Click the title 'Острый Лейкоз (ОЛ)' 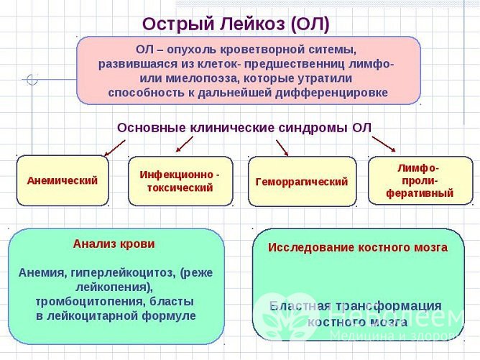pyautogui.click(x=236, y=23)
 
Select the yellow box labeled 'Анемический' pyautogui.click(x=63, y=181)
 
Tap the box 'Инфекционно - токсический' pyautogui.click(x=180, y=181)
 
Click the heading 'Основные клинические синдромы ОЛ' pyautogui.click(x=244, y=127)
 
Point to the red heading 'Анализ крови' pyautogui.click(x=114, y=244)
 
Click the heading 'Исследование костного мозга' pyautogui.click(x=357, y=247)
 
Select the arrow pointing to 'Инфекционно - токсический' pyautogui.click(x=184, y=144)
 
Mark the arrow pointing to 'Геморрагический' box pyautogui.click(x=282, y=147)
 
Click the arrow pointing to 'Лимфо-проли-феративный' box pyautogui.click(x=383, y=144)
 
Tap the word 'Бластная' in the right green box pyautogui.click(x=297, y=306)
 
